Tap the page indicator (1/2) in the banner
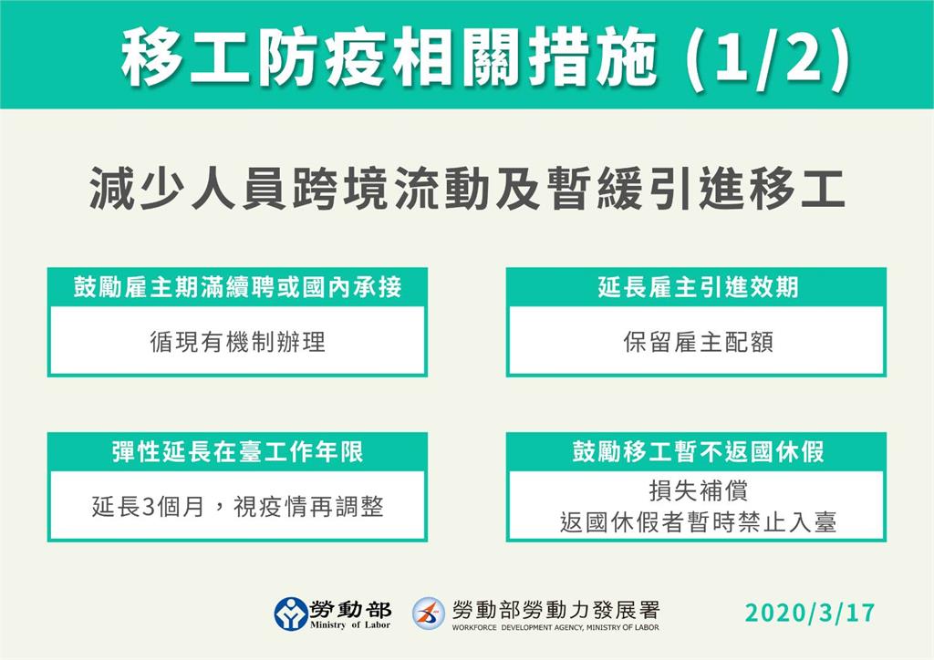(768, 58)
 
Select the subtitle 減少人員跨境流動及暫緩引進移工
(468, 189)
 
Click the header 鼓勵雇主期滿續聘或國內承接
(238, 287)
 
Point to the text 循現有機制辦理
(238, 342)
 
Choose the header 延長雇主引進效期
(698, 287)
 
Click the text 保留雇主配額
(698, 342)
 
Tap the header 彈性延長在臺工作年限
(238, 452)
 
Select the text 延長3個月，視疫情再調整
(238, 507)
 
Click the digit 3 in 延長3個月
(149, 508)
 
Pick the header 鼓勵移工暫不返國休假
(698, 452)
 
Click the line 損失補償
(698, 491)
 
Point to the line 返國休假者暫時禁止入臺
(698, 522)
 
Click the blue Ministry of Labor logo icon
(291, 614)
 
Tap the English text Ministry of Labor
(350, 624)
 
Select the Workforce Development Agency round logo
(429, 614)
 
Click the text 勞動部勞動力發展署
(555, 610)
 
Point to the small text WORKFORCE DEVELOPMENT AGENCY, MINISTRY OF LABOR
(555, 627)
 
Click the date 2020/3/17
(810, 613)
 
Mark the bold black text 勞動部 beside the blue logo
(350, 609)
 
